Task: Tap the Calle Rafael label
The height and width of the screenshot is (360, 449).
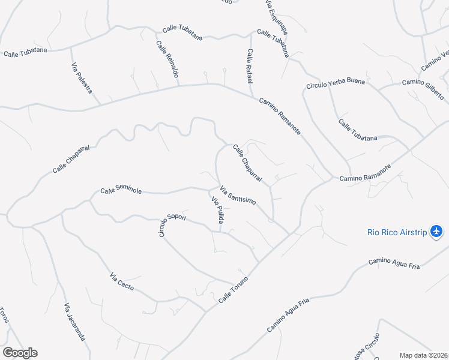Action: (x=250, y=65)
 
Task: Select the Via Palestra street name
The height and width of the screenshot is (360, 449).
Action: (x=82, y=78)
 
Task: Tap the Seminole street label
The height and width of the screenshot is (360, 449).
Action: (x=121, y=190)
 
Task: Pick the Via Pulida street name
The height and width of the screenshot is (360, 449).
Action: (x=217, y=211)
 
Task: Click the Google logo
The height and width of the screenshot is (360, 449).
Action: (x=20, y=352)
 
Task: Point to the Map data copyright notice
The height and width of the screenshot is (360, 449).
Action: (x=423, y=355)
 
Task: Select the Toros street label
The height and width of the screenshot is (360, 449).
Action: (x=4, y=315)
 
